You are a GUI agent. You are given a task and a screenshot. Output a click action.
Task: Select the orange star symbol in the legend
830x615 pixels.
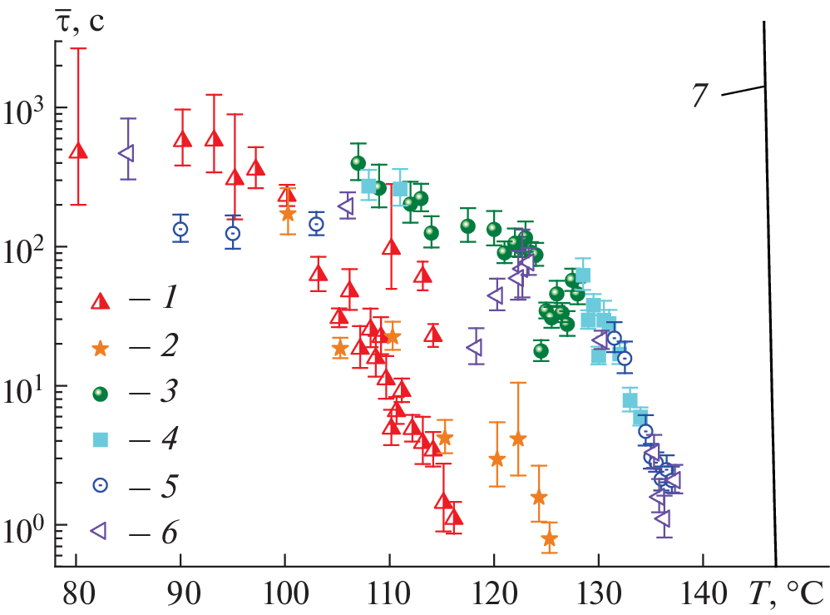[x=101, y=347]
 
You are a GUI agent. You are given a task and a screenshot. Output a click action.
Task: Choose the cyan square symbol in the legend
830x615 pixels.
[x=101, y=439]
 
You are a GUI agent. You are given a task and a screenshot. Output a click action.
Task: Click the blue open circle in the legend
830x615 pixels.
[x=101, y=484]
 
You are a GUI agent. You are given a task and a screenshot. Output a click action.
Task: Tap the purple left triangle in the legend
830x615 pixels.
[x=100, y=530]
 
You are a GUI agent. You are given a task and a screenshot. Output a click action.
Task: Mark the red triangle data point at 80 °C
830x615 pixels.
[x=77, y=151]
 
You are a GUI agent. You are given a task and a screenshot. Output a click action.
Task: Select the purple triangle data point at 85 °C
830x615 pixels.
[x=127, y=153]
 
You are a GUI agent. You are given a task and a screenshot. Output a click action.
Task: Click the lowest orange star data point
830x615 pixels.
[x=549, y=539]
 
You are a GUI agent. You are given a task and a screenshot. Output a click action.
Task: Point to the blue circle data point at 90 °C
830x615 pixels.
[x=180, y=229]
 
